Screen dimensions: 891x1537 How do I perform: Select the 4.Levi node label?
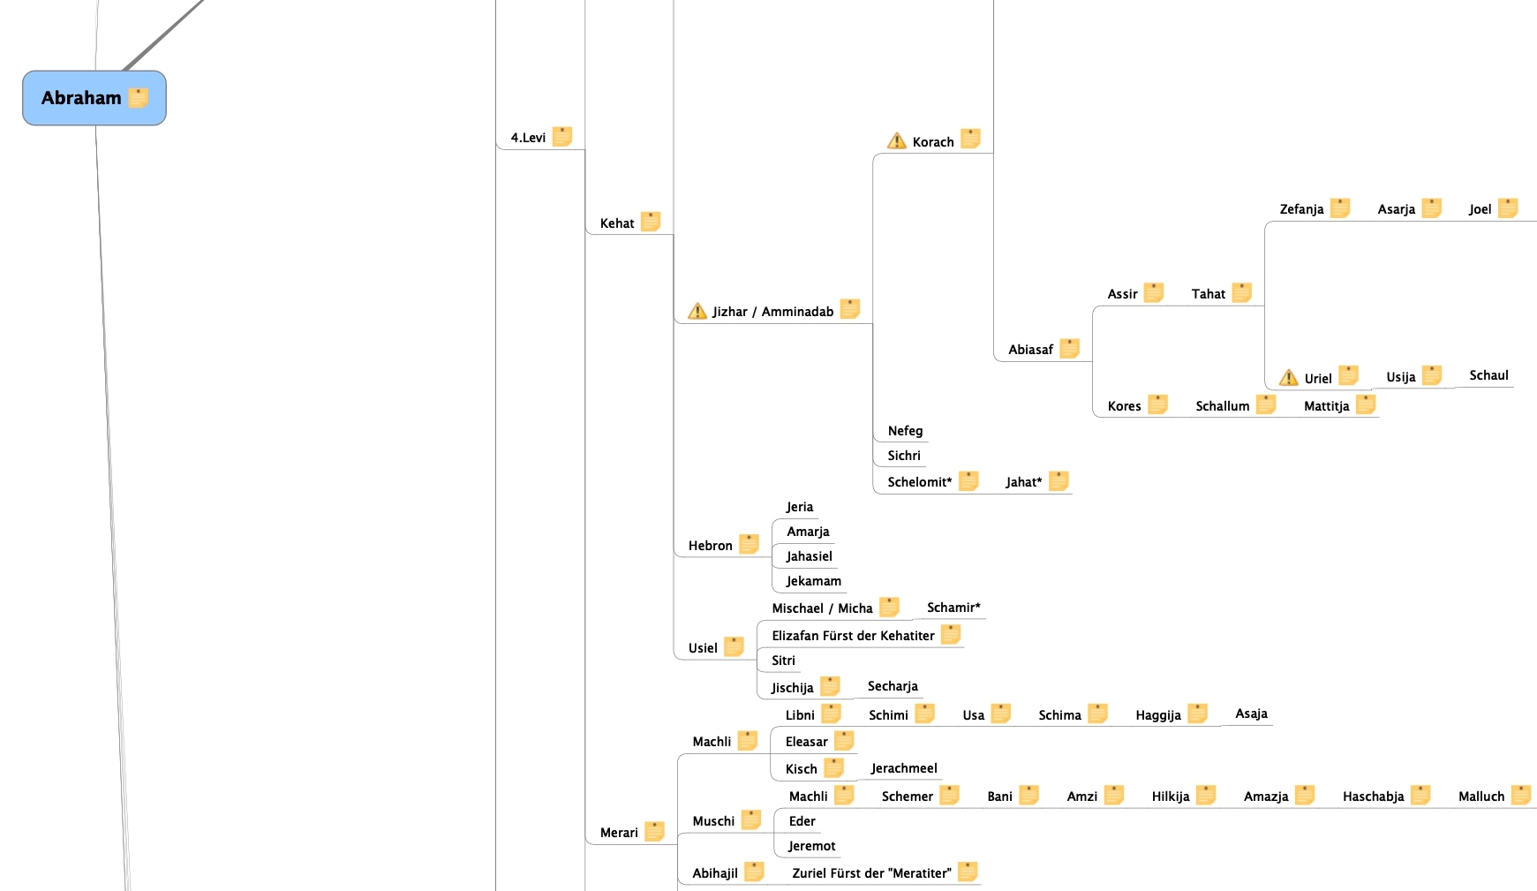click(x=528, y=138)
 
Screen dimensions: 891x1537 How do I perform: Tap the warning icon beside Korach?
click(x=896, y=141)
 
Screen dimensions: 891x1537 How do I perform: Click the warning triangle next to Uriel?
click(x=1288, y=378)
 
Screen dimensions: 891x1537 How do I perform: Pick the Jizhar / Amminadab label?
click(x=772, y=312)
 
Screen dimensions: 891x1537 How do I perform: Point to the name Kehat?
click(x=616, y=223)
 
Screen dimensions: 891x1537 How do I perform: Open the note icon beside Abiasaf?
click(x=1069, y=349)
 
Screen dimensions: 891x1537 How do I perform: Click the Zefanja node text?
click(x=1301, y=209)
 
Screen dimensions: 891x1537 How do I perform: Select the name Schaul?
click(x=1488, y=375)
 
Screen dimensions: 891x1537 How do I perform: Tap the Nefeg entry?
click(x=905, y=431)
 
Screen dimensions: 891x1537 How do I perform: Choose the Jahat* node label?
click(x=1023, y=482)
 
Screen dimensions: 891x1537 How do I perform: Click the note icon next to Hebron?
click(x=749, y=545)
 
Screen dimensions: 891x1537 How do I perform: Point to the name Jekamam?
click(x=813, y=581)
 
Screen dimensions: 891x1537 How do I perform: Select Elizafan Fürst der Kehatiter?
click(x=853, y=636)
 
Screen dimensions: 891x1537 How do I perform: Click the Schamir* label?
click(x=953, y=608)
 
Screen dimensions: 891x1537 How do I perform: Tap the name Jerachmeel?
click(x=904, y=768)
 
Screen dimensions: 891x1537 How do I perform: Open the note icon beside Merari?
click(x=654, y=832)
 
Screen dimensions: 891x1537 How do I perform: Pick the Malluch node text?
click(x=1480, y=797)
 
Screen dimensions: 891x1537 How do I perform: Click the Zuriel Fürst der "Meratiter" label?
click(x=871, y=873)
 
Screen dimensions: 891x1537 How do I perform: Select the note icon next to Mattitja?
click(x=1366, y=405)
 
